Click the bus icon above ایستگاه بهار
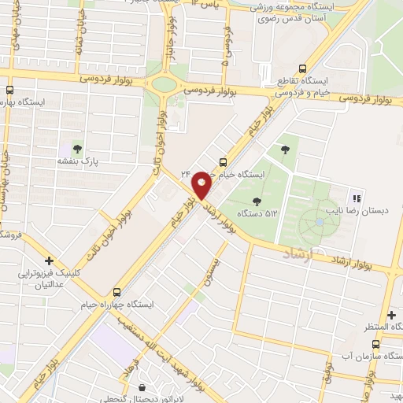pyautogui.click(x=9, y=90)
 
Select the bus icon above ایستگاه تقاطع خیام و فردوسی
pyautogui.click(x=281, y=79)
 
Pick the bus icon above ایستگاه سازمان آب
pyautogui.click(x=375, y=344)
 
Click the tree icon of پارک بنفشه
pyautogui.click(x=77, y=147)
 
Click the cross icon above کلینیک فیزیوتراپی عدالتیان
pyautogui.click(x=49, y=260)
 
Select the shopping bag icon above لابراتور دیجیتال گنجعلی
pyautogui.click(x=141, y=387)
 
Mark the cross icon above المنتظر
pyautogui.click(x=391, y=315)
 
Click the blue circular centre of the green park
pyautogui.click(x=319, y=223)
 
